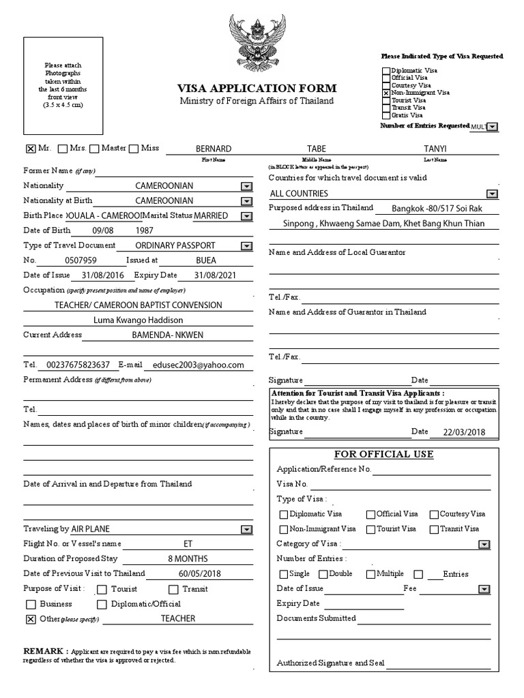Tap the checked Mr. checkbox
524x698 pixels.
coord(30,149)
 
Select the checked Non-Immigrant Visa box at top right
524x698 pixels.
coord(386,93)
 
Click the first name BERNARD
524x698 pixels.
coord(214,149)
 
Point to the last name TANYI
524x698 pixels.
coord(435,149)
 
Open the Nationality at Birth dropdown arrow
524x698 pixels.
coord(245,201)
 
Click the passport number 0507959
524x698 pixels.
coord(81,260)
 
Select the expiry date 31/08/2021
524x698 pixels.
coord(213,275)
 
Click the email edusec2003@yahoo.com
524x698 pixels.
coord(198,365)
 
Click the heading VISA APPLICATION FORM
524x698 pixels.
coord(257,88)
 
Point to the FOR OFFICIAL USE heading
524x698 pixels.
coord(383,454)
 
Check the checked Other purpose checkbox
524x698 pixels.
coord(30,619)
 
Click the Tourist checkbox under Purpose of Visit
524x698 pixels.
coord(102,589)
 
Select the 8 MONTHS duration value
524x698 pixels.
coord(188,558)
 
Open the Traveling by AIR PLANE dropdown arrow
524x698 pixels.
coord(245,529)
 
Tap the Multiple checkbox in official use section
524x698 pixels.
coord(370,574)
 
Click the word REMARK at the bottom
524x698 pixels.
coord(45,650)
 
